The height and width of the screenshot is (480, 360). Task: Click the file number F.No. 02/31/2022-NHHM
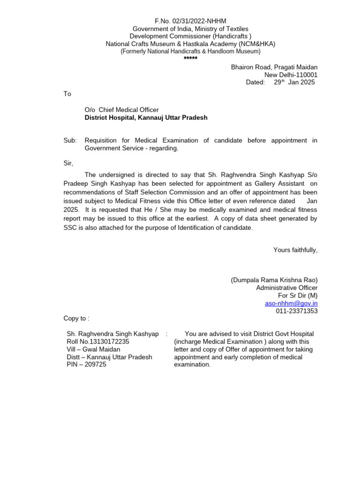tap(190, 22)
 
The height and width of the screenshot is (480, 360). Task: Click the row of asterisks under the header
tap(190, 59)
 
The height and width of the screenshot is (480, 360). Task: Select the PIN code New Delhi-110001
tap(291, 75)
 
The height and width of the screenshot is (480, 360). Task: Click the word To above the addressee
tap(67, 94)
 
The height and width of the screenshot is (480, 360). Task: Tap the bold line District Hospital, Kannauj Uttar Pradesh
tap(146, 118)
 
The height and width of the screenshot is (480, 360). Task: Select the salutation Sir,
tap(68, 163)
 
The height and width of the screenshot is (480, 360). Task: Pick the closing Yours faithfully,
tap(295, 250)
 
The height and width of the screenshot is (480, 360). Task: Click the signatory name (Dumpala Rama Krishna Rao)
tap(274, 280)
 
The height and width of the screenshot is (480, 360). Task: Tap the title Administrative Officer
tap(286, 288)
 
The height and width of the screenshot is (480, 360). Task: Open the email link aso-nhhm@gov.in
tap(291, 303)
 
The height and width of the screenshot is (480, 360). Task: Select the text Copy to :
tap(76, 318)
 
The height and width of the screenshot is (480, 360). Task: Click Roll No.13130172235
tap(98, 342)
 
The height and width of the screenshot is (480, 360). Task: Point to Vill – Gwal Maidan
tap(94, 349)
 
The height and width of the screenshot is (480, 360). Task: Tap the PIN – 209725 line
tap(87, 364)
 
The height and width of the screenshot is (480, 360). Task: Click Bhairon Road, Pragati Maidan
tap(274, 67)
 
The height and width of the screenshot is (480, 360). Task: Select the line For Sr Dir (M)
tap(298, 295)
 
